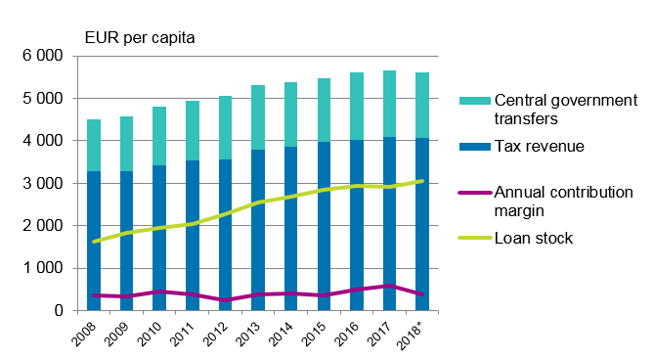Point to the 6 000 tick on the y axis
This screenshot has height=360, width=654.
click(x=44, y=56)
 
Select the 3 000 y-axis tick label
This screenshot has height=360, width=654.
click(x=44, y=183)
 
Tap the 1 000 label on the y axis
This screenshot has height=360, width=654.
click(x=44, y=268)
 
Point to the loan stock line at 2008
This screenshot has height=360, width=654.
click(x=95, y=241)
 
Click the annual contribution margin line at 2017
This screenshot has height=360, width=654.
click(x=389, y=286)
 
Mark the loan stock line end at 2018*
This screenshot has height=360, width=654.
click(x=421, y=181)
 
